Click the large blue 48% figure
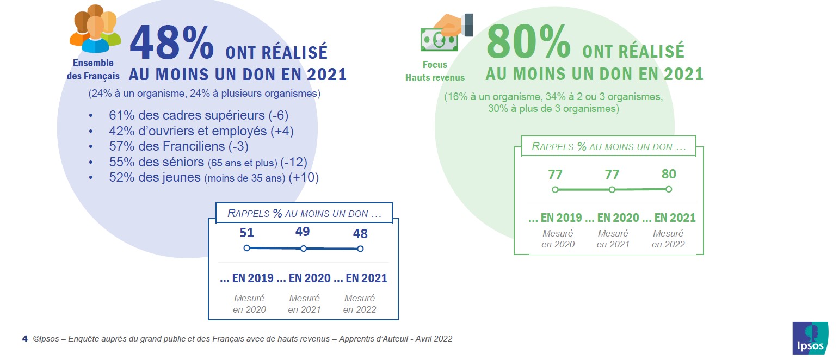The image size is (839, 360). [x=171, y=42]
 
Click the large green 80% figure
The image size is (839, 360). [x=528, y=42]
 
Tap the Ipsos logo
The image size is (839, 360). [x=810, y=338]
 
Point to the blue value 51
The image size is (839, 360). [x=246, y=233]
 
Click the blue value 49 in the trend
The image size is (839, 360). [x=303, y=232]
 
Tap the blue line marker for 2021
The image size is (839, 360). [x=360, y=249]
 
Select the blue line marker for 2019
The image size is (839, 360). [x=246, y=248]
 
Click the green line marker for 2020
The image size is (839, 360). [x=612, y=190]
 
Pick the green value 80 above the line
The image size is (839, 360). [x=669, y=174]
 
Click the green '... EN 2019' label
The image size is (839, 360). [x=555, y=218]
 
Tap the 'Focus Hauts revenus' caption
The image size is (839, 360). [x=435, y=71]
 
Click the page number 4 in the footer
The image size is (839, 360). [x=24, y=338]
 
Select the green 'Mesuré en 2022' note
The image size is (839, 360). [x=668, y=239]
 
